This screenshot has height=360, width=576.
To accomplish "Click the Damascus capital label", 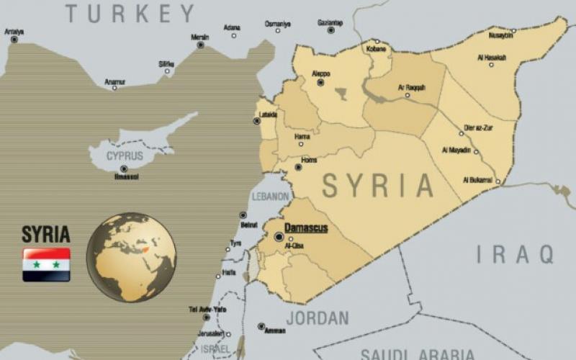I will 306,228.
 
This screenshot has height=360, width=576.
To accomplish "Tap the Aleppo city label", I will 320,73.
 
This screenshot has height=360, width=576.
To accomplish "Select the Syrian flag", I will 46,264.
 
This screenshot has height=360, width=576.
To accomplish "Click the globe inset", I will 131,256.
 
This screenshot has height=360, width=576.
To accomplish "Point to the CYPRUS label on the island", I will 125,156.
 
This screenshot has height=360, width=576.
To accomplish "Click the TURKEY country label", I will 130,13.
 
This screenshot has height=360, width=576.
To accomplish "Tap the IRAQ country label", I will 515,253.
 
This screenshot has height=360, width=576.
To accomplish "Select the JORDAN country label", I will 317,318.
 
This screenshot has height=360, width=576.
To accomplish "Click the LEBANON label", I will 270,196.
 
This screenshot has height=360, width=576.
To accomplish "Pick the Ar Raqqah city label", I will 412,87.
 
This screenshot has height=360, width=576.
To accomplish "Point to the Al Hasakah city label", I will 492,57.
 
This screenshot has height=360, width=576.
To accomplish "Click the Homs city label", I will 309,160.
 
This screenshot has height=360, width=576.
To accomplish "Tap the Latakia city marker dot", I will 257,121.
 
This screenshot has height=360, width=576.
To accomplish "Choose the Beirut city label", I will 249,225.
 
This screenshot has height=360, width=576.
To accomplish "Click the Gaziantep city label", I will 330,23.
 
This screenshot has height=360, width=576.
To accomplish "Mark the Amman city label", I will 275,331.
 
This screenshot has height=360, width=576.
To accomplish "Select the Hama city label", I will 303,135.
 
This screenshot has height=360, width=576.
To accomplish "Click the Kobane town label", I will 377,50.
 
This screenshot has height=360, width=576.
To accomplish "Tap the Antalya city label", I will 14,32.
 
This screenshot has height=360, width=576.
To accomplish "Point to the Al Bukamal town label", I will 477,179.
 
